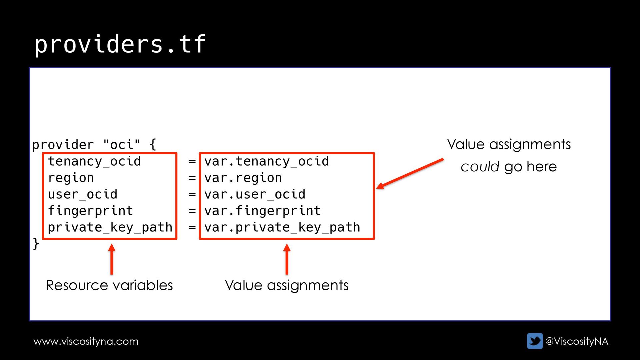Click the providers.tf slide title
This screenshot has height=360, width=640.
[x=120, y=44]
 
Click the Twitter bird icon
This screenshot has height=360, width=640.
[x=535, y=341]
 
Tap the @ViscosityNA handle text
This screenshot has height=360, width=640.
[x=577, y=341]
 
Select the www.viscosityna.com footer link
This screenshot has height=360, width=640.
[x=86, y=341]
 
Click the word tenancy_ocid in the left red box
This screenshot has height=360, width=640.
[x=94, y=161]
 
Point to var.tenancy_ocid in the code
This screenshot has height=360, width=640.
[x=266, y=161]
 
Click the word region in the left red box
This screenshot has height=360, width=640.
[x=71, y=178]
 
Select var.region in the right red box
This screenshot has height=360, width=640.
[x=243, y=178]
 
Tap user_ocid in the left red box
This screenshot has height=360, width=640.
[x=83, y=194]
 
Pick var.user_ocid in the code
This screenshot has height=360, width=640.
[x=255, y=194]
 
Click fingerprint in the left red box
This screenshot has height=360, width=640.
[x=90, y=211]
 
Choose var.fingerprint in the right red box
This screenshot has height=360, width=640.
[x=262, y=211]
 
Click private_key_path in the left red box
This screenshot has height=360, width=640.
[x=110, y=227]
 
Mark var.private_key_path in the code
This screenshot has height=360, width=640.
[x=282, y=227]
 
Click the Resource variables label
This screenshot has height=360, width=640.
[x=109, y=285]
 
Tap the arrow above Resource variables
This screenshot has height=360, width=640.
[x=112, y=259]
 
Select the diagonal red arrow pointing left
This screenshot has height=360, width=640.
[x=410, y=174]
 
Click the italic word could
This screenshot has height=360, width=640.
[x=480, y=167]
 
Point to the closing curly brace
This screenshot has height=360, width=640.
[x=36, y=244]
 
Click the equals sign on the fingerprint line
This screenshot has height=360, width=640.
[x=192, y=211]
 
